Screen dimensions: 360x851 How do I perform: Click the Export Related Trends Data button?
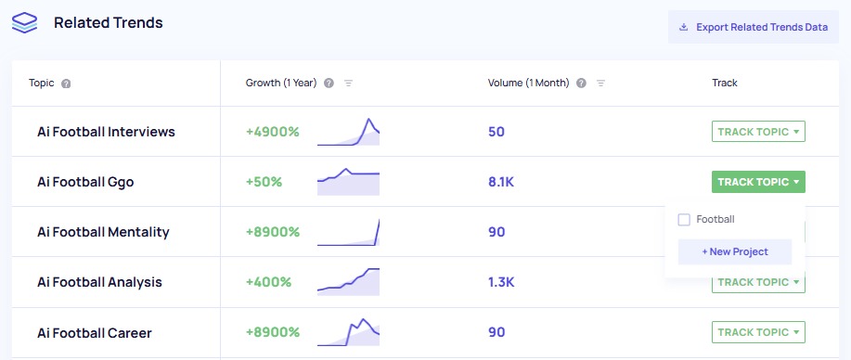tap(753, 27)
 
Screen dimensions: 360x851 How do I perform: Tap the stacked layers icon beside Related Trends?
tap(25, 23)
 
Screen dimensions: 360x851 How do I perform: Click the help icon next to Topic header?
tap(66, 84)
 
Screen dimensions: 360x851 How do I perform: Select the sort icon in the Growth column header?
tap(349, 84)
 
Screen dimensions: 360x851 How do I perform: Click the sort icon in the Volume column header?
tap(600, 84)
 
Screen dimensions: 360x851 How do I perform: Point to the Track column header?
tap(724, 83)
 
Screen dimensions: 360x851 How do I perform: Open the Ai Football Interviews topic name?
tap(106, 132)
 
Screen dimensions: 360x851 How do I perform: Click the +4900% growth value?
tap(272, 132)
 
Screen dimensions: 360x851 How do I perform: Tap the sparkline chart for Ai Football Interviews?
tap(348, 133)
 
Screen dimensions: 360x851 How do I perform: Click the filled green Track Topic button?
tap(758, 182)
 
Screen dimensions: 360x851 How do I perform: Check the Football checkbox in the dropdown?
tap(684, 220)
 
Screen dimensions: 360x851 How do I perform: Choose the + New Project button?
tap(734, 251)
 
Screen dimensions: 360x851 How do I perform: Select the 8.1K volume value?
tap(500, 182)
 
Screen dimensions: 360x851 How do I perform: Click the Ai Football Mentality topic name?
tap(103, 232)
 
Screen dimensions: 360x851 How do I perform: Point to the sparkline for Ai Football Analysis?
tap(348, 281)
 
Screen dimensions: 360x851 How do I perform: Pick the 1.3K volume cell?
tap(500, 282)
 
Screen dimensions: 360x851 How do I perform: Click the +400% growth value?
tap(268, 282)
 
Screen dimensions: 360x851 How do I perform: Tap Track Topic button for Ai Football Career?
tap(758, 332)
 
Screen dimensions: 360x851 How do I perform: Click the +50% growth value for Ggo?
tap(264, 182)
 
